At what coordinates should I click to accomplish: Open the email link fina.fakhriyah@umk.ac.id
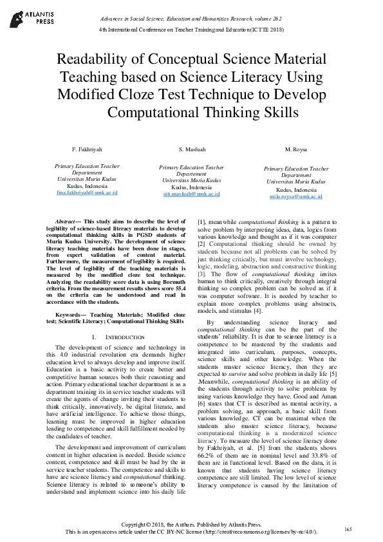point(87,192)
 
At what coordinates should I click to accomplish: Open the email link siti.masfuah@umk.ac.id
point(191,193)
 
